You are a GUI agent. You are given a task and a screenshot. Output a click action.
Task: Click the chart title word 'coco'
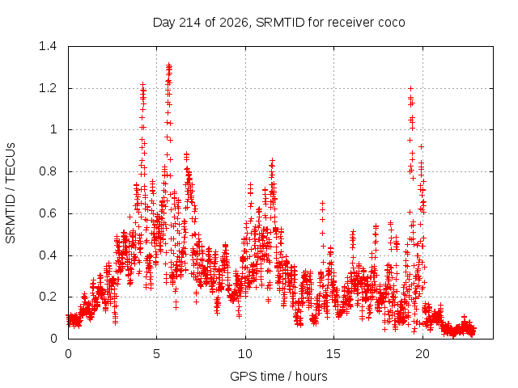click(x=391, y=23)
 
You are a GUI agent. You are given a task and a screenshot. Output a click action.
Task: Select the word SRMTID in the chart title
click(x=280, y=23)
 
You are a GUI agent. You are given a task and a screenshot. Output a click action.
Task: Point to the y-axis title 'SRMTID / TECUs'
click(x=11, y=193)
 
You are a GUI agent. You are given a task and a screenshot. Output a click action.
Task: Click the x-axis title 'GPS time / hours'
click(x=278, y=376)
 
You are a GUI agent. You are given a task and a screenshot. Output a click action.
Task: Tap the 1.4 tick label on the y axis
click(x=48, y=46)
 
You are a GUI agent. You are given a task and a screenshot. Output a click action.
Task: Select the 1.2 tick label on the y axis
click(x=48, y=88)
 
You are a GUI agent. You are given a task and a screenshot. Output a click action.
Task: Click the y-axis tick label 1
click(x=53, y=129)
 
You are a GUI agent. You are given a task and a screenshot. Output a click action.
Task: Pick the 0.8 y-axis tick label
click(x=48, y=171)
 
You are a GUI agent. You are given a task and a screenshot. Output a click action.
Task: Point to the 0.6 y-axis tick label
click(x=48, y=213)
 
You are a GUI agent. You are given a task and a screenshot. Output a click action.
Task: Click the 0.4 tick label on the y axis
click(x=48, y=255)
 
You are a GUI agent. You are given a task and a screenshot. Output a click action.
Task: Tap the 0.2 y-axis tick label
click(x=48, y=297)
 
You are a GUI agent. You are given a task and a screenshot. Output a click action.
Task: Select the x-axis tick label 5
click(x=156, y=354)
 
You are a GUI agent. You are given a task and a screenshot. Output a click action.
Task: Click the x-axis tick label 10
click(x=244, y=354)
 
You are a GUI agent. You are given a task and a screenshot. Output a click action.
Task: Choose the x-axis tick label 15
click(x=333, y=354)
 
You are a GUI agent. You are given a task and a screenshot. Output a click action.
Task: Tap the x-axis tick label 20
click(x=422, y=354)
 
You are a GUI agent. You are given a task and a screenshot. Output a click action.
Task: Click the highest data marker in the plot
click(x=169, y=65)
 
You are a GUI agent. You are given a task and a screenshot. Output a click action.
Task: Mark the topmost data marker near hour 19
click(x=410, y=88)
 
